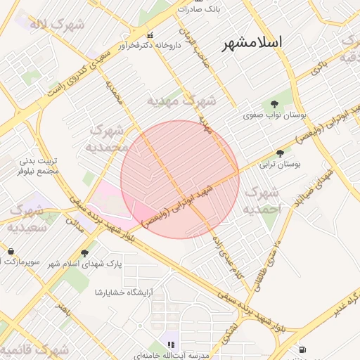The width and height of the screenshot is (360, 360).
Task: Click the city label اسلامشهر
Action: (x=252, y=42)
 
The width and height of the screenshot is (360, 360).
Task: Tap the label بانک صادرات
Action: (x=199, y=9)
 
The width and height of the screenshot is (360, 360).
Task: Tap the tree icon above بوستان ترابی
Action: (x=281, y=153)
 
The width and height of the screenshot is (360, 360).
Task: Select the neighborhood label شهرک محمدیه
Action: (x=106, y=139)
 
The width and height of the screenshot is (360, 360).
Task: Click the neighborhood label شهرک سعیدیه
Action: (x=27, y=218)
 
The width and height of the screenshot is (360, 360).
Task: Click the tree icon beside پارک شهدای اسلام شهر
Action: (x=85, y=253)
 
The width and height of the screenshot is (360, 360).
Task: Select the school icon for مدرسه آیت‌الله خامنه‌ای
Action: (x=169, y=344)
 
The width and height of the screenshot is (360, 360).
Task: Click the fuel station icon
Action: (x=302, y=349)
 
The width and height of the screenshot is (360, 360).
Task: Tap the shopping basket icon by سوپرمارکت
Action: (x=11, y=251)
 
